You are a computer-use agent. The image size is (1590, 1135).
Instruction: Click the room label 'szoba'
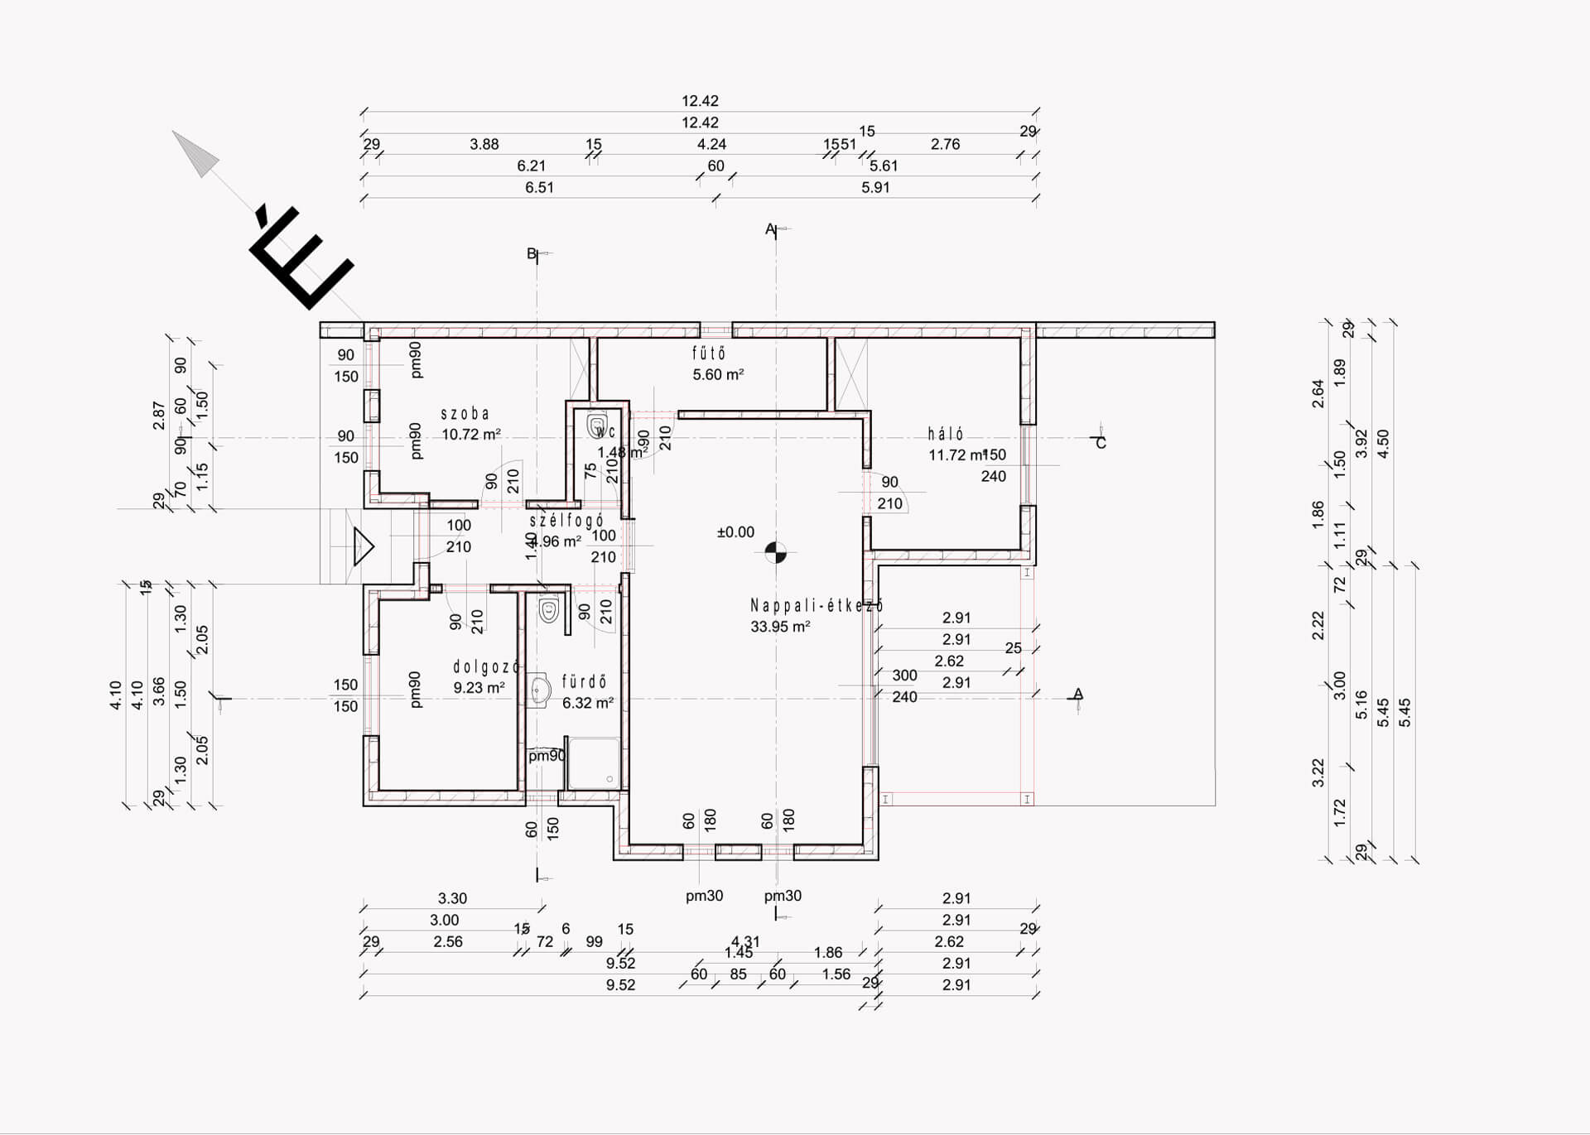[465, 413]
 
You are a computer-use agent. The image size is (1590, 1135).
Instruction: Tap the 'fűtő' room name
[709, 353]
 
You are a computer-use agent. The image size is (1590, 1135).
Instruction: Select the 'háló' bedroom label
[945, 434]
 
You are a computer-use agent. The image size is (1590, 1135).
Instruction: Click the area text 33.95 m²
[780, 627]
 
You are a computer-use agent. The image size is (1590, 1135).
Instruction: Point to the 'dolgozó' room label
[486, 666]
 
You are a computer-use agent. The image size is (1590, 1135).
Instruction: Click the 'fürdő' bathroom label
[585, 681]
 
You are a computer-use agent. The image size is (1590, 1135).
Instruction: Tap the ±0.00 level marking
[735, 532]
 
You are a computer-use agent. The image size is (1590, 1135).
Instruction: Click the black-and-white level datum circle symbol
[775, 551]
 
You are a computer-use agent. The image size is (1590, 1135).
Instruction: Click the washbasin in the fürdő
[541, 690]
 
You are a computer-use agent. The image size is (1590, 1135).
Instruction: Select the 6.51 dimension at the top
[539, 188]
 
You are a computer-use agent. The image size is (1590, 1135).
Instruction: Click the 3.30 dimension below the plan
[452, 898]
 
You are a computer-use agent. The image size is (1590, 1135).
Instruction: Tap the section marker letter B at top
[532, 253]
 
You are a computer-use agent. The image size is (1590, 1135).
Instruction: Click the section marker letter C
[1101, 443]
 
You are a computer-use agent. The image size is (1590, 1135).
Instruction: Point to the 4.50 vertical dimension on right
[1382, 444]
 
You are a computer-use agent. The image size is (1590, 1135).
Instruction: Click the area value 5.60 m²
[718, 374]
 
